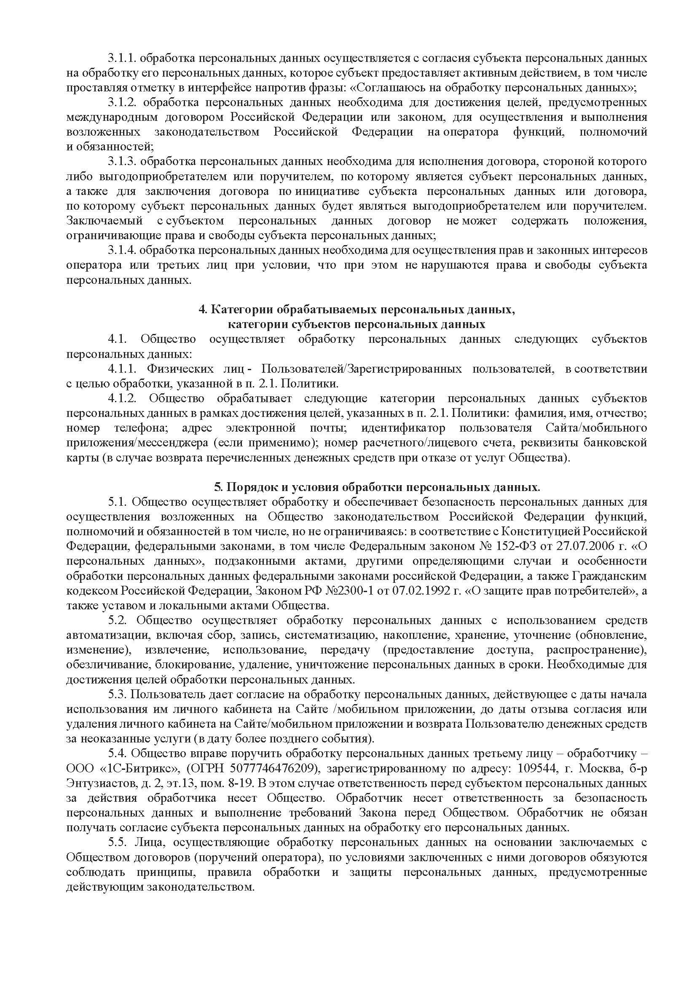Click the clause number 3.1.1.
pyautogui.click(x=121, y=58)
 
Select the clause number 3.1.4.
pyautogui.click(x=121, y=250)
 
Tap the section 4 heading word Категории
pyautogui.click(x=243, y=310)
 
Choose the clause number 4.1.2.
pyautogui.click(x=121, y=398)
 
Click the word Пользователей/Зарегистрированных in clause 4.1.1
pyautogui.click(x=362, y=369)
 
